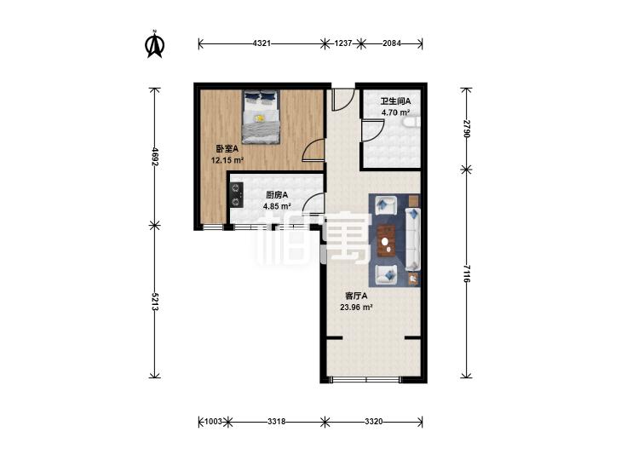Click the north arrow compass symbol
(155, 44)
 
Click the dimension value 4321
(262, 43)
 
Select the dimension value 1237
(343, 43)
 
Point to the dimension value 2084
(392, 43)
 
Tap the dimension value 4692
(155, 157)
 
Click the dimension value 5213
(155, 302)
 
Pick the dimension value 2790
(467, 129)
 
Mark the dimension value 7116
(467, 273)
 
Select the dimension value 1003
(213, 422)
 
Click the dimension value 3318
(277, 422)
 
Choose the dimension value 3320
(374, 422)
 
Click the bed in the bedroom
(261, 117)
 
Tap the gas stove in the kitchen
(237, 195)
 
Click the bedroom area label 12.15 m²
(227, 160)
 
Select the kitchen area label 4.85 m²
(277, 206)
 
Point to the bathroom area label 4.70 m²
(395, 112)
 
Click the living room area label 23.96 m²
(356, 307)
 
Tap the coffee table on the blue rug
(387, 240)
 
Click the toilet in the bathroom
(411, 123)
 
